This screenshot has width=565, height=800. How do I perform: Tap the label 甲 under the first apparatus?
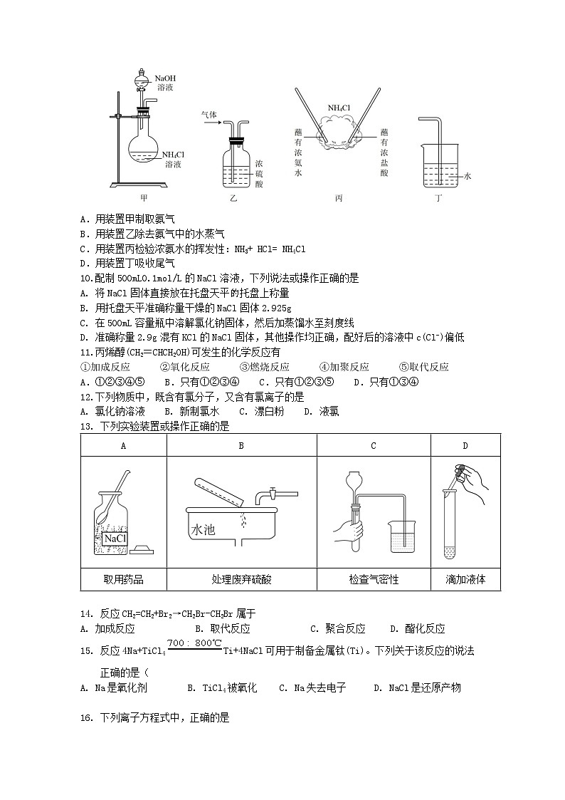[144, 198]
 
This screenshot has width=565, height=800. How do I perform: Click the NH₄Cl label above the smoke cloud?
[339, 108]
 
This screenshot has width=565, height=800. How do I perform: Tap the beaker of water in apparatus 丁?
[438, 173]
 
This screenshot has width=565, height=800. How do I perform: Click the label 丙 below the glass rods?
[339, 198]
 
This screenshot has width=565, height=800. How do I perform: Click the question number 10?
[84, 279]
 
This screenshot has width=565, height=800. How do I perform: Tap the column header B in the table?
[241, 445]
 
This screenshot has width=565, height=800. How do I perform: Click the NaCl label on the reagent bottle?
[115, 539]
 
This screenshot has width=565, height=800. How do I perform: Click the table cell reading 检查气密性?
[374, 579]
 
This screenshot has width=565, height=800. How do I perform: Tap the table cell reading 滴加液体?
[465, 579]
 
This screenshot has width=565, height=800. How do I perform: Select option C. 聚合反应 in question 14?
[338, 628]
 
